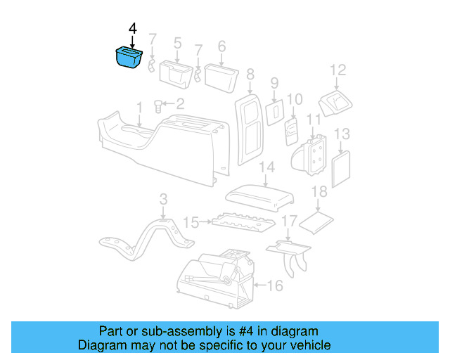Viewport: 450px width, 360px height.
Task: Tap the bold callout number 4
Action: pyautogui.click(x=133, y=29)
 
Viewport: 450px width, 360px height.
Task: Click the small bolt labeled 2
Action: pyautogui.click(x=159, y=107)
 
